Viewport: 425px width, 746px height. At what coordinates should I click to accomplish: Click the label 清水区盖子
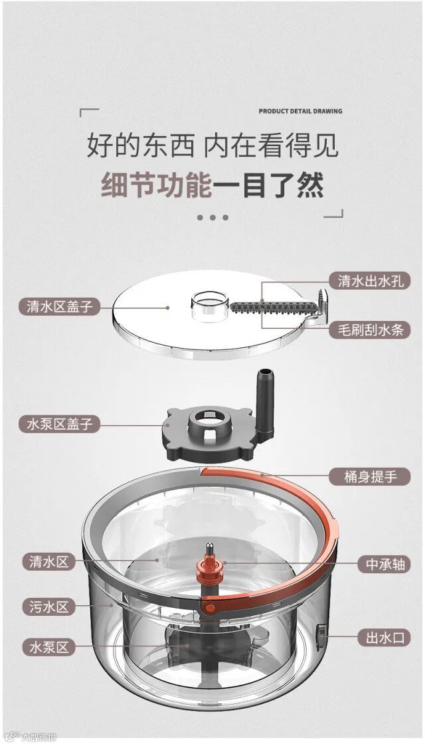click(59, 306)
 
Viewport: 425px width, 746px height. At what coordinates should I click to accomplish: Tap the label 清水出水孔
click(371, 281)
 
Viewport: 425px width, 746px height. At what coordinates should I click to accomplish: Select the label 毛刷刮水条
click(371, 329)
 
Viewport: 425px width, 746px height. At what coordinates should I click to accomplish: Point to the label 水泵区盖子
click(59, 423)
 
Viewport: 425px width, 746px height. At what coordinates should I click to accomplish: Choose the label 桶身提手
click(371, 476)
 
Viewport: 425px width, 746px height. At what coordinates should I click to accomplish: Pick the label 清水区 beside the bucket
click(49, 562)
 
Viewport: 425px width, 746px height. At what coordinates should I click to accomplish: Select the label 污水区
click(49, 607)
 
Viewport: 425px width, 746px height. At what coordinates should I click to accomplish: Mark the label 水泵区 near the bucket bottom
click(49, 647)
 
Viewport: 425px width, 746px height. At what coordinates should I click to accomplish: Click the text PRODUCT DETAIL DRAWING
click(300, 112)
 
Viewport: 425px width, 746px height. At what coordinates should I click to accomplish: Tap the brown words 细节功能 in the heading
click(157, 185)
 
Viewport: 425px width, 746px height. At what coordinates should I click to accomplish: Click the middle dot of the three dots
click(212, 217)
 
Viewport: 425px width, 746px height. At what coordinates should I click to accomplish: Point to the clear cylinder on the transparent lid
click(210, 304)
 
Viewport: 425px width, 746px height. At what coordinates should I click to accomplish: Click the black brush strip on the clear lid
click(274, 307)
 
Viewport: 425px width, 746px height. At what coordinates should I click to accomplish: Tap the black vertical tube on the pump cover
click(264, 402)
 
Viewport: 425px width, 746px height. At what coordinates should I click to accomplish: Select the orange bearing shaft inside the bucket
click(210, 566)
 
